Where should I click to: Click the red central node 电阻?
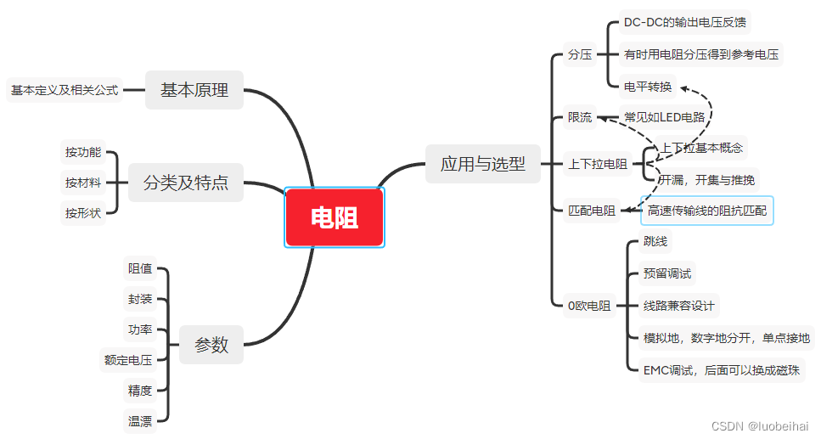click(335, 218)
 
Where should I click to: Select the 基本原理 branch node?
click(194, 90)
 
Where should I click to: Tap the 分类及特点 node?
click(186, 183)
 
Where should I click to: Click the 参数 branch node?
click(211, 345)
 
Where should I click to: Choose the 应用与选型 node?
click(482, 164)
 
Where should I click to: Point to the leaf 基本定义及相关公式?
click(65, 89)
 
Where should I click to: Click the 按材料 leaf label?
click(83, 183)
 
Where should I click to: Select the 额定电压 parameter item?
click(128, 360)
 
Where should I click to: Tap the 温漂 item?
click(140, 420)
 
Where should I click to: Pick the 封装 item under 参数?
click(140, 299)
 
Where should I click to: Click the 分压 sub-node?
click(580, 54)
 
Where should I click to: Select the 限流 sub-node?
click(580, 117)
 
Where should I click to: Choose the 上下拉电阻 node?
click(598, 164)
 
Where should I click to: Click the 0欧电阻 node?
click(588, 306)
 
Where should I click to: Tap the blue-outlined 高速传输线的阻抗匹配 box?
click(707, 211)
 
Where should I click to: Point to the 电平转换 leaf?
click(647, 86)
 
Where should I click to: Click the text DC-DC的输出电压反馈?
click(685, 22)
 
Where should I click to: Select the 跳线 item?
click(655, 242)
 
